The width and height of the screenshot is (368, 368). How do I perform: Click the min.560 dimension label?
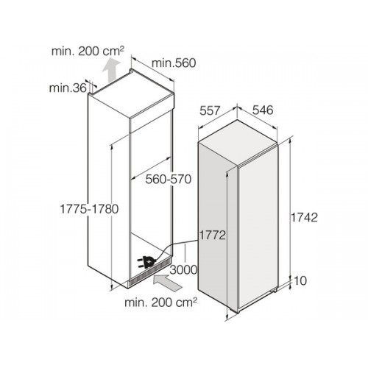point(174,63)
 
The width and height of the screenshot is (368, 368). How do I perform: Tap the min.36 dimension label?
point(68,88)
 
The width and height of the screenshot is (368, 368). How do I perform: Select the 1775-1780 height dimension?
point(89,209)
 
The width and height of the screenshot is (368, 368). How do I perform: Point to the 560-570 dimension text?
point(169,179)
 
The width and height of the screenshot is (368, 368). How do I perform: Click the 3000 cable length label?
point(183,270)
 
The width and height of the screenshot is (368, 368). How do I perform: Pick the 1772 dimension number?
point(212,236)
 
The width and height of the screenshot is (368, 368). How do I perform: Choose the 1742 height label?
point(304,217)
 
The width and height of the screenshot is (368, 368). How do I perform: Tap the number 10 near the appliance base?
point(300,281)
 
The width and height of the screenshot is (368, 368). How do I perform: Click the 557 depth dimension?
point(210,110)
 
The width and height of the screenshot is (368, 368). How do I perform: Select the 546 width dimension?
point(263,110)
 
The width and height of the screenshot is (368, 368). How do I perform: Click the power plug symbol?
point(146,262)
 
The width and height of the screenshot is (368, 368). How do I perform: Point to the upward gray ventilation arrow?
point(111,71)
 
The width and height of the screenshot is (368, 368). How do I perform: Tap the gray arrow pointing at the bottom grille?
point(168,283)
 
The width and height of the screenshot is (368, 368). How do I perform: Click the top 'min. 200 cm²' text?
point(88,52)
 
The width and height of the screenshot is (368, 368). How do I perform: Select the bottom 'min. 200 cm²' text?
point(160,302)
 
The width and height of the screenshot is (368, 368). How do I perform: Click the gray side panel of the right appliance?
point(218,227)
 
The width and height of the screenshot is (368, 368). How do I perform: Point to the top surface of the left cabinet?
point(131,93)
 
